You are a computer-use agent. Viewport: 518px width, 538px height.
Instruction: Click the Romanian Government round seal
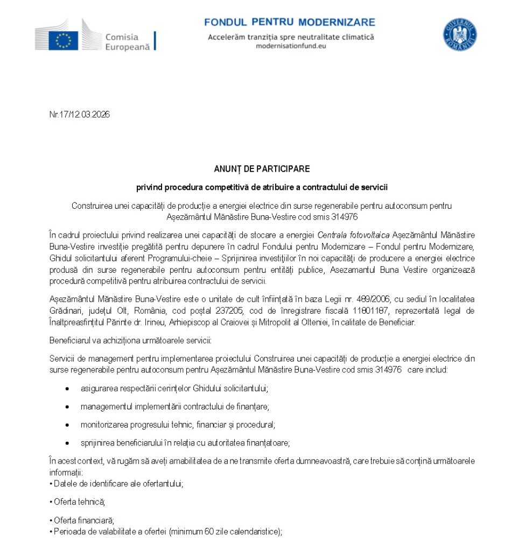(459, 35)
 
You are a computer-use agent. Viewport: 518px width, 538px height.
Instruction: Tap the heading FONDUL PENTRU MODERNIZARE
(290, 22)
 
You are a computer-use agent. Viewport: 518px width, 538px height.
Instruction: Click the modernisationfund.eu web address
(291, 46)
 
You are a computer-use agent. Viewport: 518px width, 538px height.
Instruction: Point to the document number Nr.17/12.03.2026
(79, 114)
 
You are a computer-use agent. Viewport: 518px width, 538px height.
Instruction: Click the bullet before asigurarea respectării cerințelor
(67, 388)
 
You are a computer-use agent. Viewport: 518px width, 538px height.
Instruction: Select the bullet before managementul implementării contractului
(67, 406)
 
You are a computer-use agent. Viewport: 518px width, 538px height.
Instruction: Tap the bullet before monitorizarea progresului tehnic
(67, 424)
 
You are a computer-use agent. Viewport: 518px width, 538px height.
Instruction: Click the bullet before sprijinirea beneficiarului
(67, 443)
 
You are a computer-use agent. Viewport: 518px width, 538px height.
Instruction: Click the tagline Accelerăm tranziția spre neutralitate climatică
(291, 37)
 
